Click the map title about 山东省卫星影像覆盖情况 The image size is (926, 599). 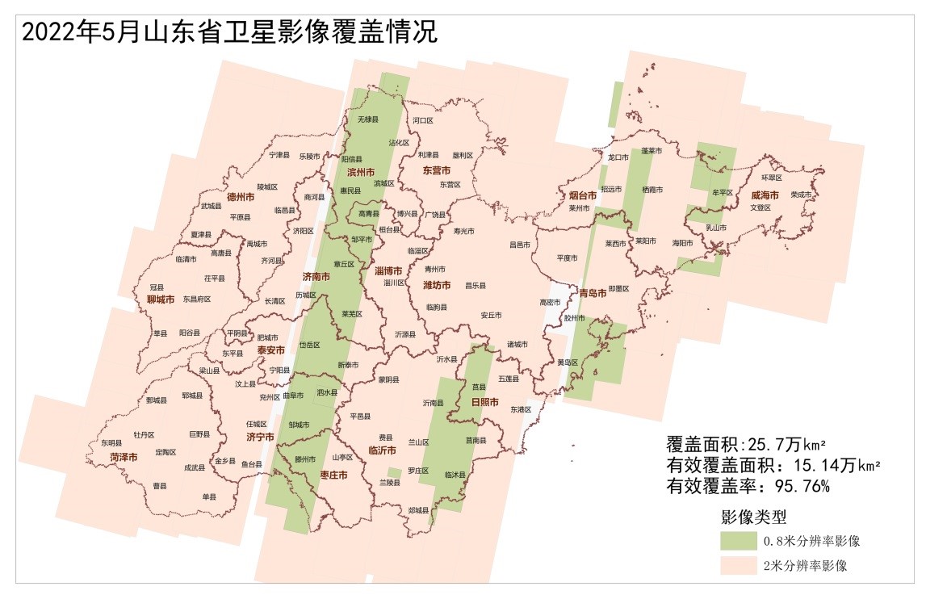[228, 32]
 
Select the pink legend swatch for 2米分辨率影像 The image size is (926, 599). [740, 566]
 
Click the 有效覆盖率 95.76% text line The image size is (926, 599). [748, 487]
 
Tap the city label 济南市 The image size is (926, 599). [316, 277]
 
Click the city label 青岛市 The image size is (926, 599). [593, 294]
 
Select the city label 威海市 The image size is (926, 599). [765, 195]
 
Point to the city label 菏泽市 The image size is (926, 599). [123, 458]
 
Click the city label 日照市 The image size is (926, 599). [484, 402]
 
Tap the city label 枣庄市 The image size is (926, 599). [333, 475]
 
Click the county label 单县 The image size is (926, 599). [209, 496]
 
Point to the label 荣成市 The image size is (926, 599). [801, 195]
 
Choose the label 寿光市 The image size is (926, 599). [464, 232]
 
